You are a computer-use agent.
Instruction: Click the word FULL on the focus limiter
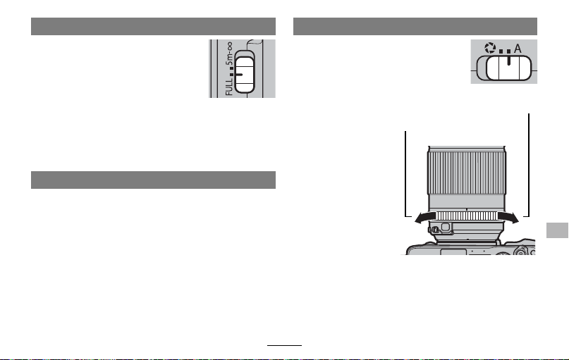229,87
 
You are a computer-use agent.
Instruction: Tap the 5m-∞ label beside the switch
229,54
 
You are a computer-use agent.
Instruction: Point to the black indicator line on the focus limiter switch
239,75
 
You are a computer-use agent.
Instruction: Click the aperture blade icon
490,48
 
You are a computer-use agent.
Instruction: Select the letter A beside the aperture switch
518,48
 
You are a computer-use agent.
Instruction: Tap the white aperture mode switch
508,68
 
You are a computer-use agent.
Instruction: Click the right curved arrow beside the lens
509,217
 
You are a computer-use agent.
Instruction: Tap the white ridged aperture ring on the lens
466,216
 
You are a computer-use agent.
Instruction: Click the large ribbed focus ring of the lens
467,173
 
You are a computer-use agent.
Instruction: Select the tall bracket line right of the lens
528,166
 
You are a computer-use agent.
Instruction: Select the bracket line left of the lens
405,174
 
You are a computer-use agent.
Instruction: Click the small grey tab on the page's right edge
557,230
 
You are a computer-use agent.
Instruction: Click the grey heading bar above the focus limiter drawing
153,27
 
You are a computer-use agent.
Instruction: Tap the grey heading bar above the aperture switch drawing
415,27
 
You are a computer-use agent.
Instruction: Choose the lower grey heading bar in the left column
153,180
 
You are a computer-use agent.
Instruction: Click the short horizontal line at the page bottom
285,345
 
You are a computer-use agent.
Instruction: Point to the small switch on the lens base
434,229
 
